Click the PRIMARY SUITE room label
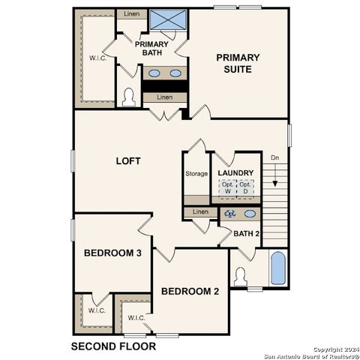click(238, 64)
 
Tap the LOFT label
click(128, 161)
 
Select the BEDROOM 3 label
click(112, 253)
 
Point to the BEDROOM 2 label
click(190, 292)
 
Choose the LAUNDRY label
click(235, 174)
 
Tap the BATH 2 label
click(246, 234)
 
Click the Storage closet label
click(196, 174)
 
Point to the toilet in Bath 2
click(241, 276)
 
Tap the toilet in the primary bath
click(128, 98)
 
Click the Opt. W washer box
click(227, 189)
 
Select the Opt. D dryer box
click(244, 189)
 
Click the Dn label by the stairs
click(275, 158)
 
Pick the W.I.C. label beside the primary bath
click(97, 58)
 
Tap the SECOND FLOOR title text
click(113, 346)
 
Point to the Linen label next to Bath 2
click(199, 212)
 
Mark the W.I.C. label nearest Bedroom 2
click(136, 318)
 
